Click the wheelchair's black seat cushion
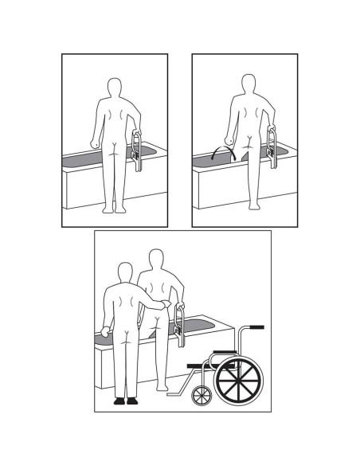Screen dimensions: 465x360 click(x=204, y=365)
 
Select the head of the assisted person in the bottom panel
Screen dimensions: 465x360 click(x=155, y=260)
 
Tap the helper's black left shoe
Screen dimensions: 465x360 click(x=119, y=401)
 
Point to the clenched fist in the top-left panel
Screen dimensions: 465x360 click(x=96, y=145)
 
